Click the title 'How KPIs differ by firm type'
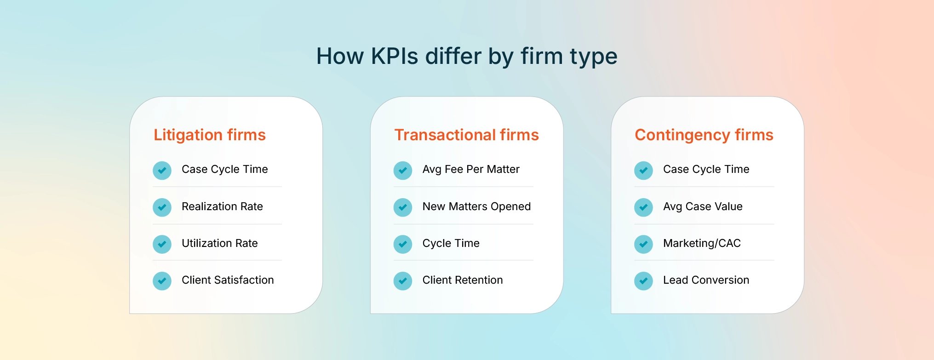click(466, 56)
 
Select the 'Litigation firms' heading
click(210, 135)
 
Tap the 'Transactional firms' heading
click(466, 135)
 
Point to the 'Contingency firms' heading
click(704, 135)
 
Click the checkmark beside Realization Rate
click(162, 207)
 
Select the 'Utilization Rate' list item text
click(219, 243)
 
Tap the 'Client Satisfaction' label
click(228, 280)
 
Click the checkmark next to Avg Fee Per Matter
click(402, 171)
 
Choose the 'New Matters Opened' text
click(476, 206)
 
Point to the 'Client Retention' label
click(462, 280)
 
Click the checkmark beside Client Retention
click(402, 281)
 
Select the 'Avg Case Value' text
click(702, 206)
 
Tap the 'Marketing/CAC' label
click(702, 243)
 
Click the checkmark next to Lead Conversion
click(643, 281)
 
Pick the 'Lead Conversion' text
click(706, 280)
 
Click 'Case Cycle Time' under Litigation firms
click(224, 169)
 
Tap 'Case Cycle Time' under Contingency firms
click(706, 169)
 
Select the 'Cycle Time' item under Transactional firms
click(451, 243)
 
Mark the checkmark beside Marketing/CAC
click(643, 244)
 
